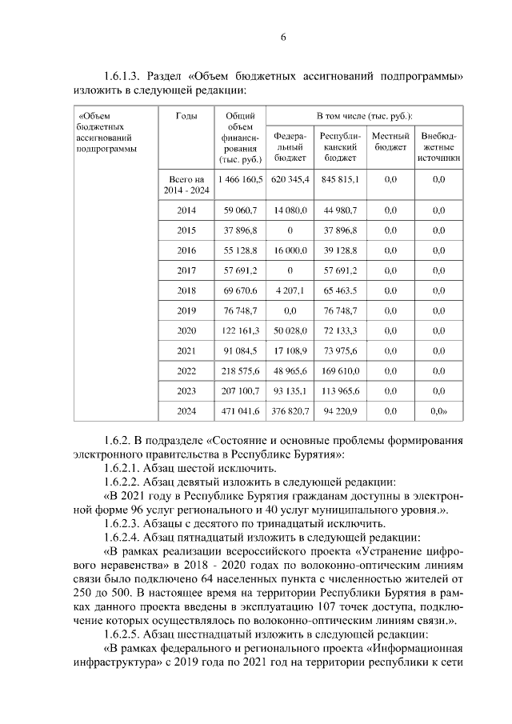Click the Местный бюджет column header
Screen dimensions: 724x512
pyautogui.click(x=390, y=141)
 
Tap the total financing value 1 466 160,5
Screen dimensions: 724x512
pyautogui.click(x=240, y=180)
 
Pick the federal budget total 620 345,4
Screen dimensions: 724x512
pyautogui.click(x=290, y=180)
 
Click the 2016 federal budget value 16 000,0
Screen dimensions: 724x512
pyautogui.click(x=290, y=250)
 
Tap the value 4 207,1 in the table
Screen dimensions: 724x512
pyautogui.click(x=290, y=290)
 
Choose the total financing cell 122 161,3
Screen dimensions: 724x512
pyautogui.click(x=240, y=330)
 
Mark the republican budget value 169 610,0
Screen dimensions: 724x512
pyautogui.click(x=340, y=370)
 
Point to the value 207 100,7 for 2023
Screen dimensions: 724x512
pyautogui.click(x=240, y=390)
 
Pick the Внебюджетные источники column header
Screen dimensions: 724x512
pyautogui.click(x=439, y=146)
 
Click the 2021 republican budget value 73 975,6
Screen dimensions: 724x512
pyautogui.click(x=340, y=350)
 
